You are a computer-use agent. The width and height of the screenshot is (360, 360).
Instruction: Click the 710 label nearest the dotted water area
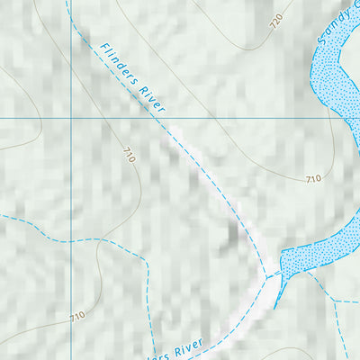312,179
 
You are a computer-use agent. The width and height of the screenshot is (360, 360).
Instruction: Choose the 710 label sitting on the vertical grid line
77,316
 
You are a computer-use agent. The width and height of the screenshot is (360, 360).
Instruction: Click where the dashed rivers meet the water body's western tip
271,274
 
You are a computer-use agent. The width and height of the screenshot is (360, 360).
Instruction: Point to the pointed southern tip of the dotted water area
276,306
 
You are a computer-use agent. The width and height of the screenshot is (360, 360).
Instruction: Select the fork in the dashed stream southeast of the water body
335,302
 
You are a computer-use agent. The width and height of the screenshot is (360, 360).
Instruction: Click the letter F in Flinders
104,48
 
